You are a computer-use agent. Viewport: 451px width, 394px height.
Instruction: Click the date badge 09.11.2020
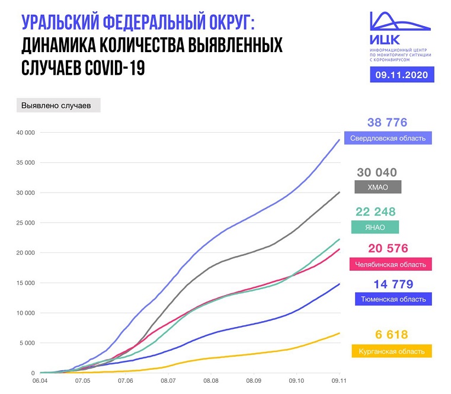tap(401, 75)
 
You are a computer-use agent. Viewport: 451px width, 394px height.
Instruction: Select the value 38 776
tap(387, 123)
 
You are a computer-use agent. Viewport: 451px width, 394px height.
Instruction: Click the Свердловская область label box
tap(388, 138)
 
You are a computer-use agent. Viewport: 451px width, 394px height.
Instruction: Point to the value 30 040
tap(376, 172)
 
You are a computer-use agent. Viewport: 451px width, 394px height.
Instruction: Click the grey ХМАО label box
tap(377, 187)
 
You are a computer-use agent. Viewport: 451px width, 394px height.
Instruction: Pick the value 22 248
tap(376, 212)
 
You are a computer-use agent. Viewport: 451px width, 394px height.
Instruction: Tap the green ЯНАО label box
tap(376, 227)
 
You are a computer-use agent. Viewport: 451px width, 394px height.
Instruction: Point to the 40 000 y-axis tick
tap(24, 133)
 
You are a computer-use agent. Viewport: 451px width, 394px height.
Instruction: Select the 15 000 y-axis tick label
tap(24, 283)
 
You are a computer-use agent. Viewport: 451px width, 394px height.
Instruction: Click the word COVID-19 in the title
tap(111, 69)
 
